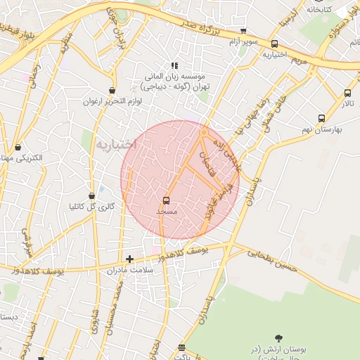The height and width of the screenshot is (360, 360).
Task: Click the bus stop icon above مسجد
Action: (166, 200)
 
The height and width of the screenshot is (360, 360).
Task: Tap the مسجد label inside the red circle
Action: (166, 211)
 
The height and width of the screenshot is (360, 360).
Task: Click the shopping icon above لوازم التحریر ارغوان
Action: (112, 90)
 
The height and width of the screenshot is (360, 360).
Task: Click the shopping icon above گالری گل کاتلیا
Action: (91, 195)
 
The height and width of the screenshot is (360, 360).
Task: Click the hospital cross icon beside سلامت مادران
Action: (129, 259)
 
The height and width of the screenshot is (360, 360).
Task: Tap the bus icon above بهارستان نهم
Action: (321, 119)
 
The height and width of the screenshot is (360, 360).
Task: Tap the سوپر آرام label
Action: (243, 44)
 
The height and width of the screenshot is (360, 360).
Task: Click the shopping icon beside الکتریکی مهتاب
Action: (18, 148)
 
